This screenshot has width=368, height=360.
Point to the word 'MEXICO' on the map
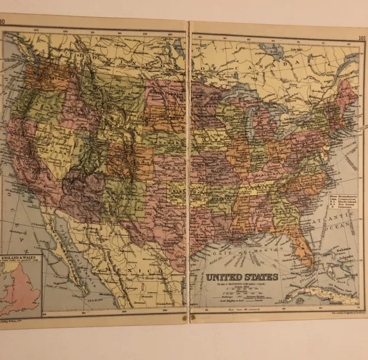[x=138, y=268]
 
